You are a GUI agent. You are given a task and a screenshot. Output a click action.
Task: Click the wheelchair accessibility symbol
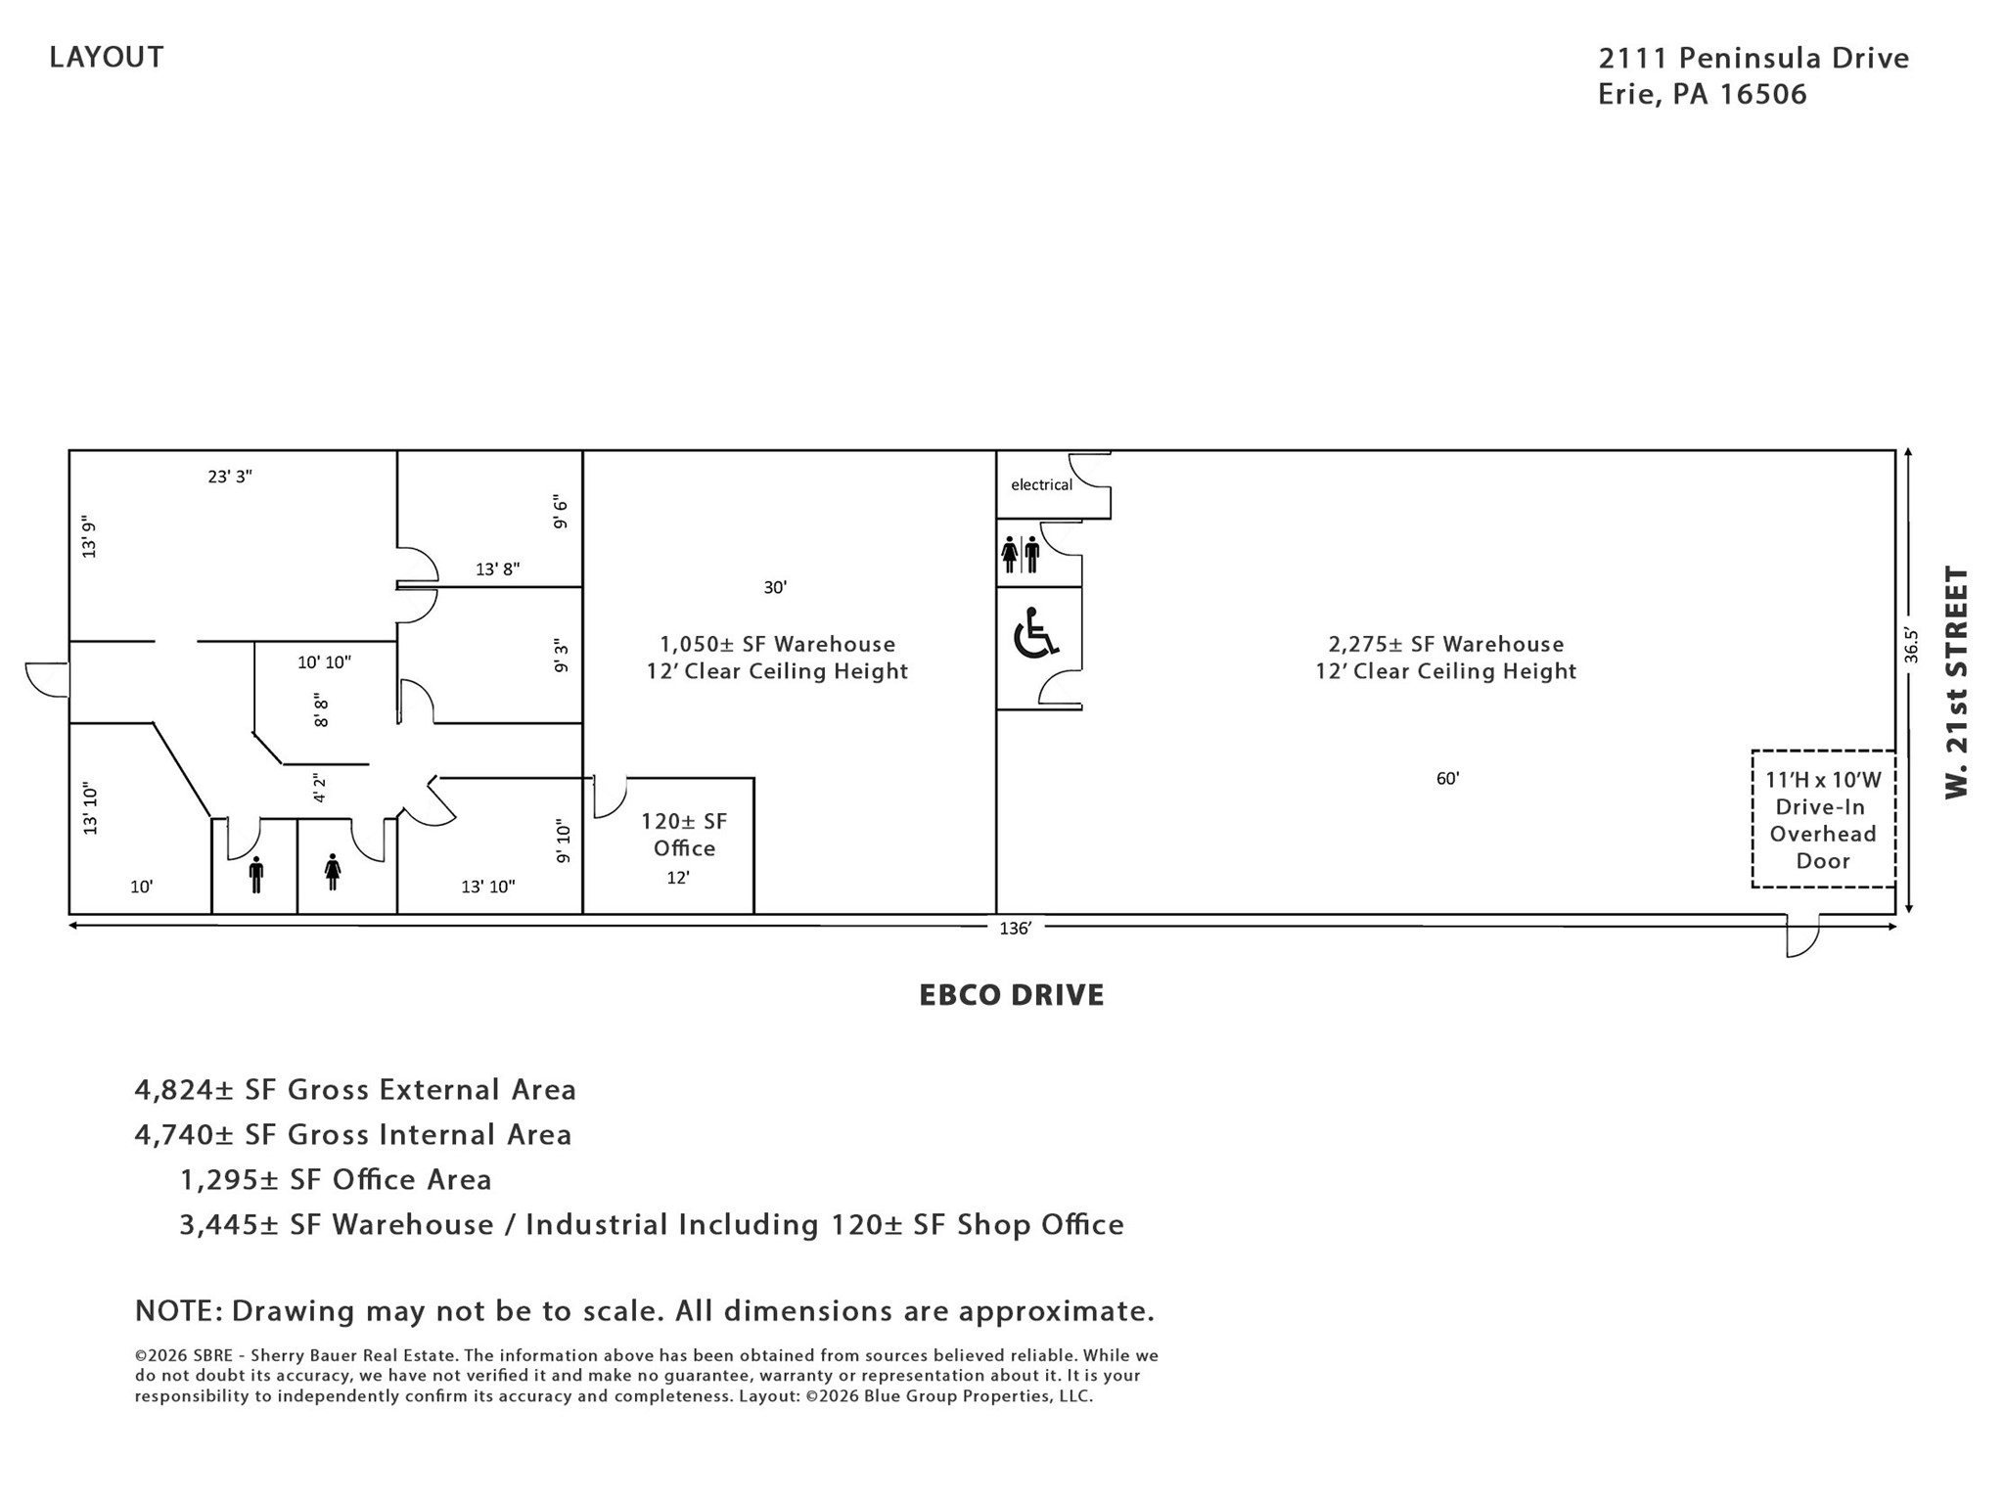[x=1035, y=633]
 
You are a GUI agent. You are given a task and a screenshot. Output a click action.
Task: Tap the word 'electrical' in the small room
[x=1041, y=484]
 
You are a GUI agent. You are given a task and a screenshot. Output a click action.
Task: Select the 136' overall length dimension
[x=1015, y=929]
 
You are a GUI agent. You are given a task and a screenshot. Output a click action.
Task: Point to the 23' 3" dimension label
[x=230, y=477]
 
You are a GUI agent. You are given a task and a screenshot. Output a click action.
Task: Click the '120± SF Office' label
[x=684, y=835]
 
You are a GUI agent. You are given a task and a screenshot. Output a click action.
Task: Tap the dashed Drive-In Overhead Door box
[x=1823, y=819]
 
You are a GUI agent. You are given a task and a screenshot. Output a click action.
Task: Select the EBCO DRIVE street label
[x=1012, y=995]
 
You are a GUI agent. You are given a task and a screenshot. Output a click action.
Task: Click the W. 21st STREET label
[x=1955, y=682]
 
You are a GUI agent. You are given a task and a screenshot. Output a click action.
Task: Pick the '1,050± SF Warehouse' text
[x=778, y=644]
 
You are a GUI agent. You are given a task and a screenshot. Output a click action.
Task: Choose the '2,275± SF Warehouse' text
[x=1446, y=644]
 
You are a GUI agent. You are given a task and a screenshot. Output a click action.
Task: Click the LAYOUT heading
[x=107, y=57]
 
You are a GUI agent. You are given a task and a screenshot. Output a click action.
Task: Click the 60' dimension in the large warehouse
[x=1447, y=779]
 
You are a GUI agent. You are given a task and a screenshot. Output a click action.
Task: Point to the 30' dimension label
[x=775, y=587]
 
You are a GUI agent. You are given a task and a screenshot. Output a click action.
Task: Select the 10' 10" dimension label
[x=324, y=662]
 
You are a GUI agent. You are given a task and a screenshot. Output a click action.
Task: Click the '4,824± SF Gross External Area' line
[x=355, y=1089]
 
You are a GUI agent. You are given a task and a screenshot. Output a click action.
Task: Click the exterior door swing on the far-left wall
[x=47, y=679]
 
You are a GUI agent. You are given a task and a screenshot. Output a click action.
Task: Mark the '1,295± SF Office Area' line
[x=336, y=1179]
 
